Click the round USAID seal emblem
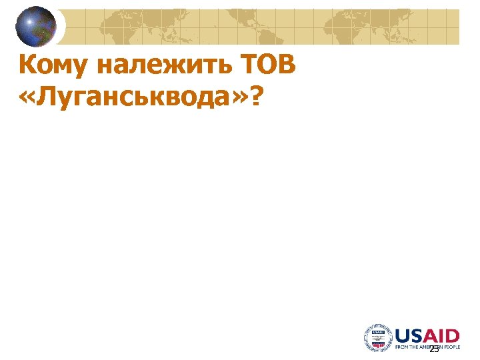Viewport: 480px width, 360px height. (377, 337)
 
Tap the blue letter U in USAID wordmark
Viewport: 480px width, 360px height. (403, 335)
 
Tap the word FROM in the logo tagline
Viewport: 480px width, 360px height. (401, 347)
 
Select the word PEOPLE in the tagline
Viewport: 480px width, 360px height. (451, 347)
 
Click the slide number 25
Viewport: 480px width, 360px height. (434, 349)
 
